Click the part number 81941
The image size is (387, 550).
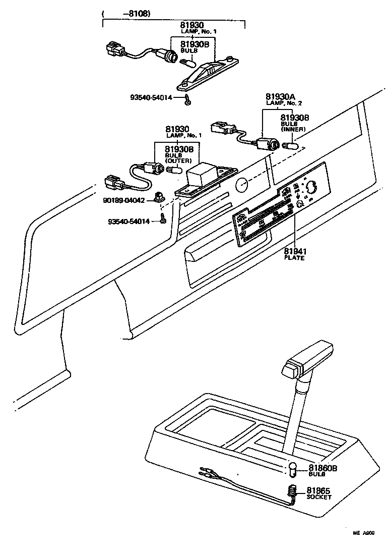(295, 251)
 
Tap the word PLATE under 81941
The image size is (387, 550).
(295, 258)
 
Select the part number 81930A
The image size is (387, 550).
(280, 96)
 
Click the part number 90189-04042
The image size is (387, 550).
(124, 200)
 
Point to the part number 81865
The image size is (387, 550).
(319, 490)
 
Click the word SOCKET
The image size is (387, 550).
(319, 497)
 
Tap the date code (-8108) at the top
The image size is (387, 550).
(121, 14)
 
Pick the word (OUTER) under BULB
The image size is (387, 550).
(178, 161)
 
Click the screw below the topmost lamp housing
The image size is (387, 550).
(187, 100)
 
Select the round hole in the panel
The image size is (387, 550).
(242, 185)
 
